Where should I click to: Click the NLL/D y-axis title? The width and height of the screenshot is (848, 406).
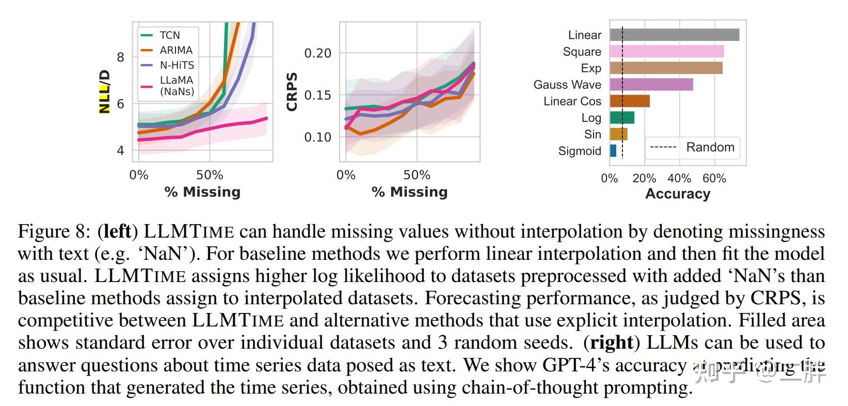(x=105, y=92)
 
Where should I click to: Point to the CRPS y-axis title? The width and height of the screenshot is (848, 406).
(x=292, y=92)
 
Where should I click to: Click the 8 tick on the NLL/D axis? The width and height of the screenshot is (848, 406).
(x=121, y=57)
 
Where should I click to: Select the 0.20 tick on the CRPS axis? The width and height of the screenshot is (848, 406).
(x=317, y=53)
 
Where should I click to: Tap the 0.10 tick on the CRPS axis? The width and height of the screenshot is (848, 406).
(x=317, y=137)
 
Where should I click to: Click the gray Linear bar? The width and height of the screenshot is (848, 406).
(x=674, y=35)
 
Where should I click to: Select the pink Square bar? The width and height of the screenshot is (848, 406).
(x=666, y=51)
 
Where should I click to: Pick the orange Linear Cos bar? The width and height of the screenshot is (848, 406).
(x=629, y=101)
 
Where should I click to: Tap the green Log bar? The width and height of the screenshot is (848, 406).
(x=621, y=117)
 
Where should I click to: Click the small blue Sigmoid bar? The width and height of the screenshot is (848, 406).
(x=613, y=150)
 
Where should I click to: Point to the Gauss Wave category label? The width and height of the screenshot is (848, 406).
(x=567, y=85)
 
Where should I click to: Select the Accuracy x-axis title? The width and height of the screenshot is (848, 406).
(x=677, y=194)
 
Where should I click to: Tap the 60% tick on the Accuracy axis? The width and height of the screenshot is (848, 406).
(x=714, y=178)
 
